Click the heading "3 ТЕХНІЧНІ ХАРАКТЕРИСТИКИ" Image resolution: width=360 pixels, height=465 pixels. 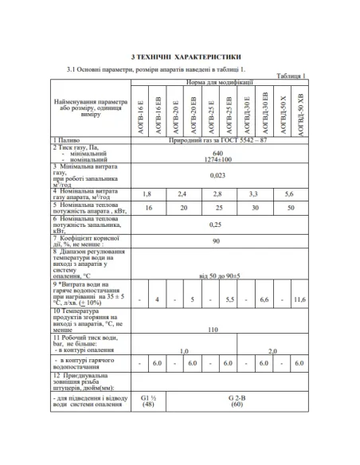tap(179, 57)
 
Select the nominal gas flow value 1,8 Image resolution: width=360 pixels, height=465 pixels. tap(147, 194)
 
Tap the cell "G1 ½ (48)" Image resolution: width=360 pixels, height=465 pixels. tap(147, 400)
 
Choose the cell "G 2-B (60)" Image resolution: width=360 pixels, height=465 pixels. tap(237, 400)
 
